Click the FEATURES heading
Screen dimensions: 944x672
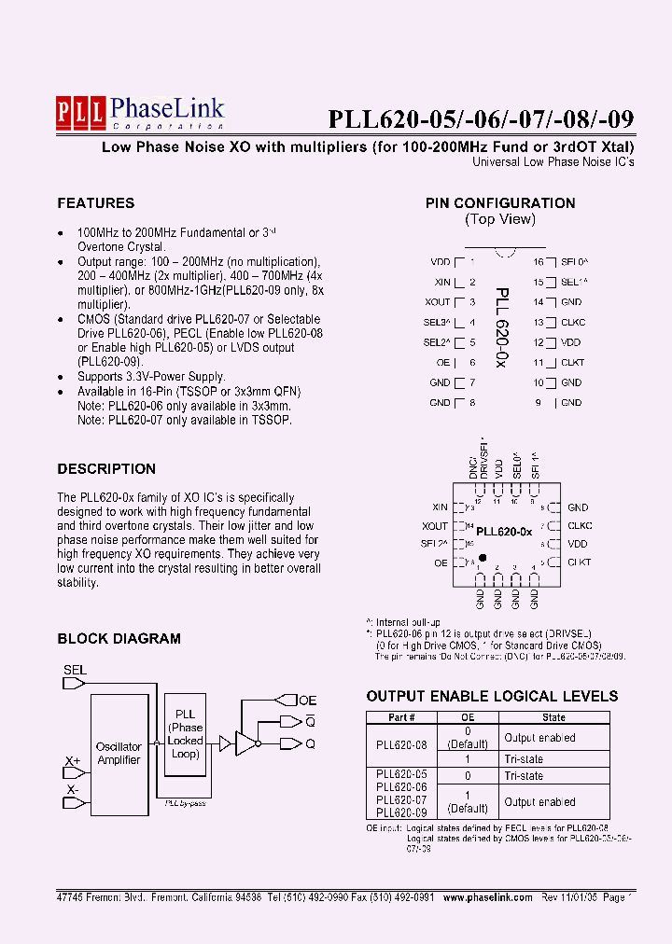tap(95, 203)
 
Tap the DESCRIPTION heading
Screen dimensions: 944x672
tap(106, 469)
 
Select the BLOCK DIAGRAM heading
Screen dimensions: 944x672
tap(119, 639)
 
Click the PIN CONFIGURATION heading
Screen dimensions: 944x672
tap(500, 203)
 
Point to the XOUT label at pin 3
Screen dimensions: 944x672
tap(437, 302)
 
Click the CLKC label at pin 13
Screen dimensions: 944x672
tap(573, 322)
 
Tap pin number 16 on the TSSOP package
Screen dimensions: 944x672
tap(539, 262)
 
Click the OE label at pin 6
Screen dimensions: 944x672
tap(443, 362)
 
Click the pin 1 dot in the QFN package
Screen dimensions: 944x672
tap(483, 558)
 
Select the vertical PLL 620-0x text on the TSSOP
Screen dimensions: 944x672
tap(501, 326)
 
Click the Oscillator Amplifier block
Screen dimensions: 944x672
tap(119, 753)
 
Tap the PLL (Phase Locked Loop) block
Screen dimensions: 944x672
tap(186, 734)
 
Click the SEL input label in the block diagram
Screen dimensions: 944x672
tap(75, 670)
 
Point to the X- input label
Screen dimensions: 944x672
tap(72, 791)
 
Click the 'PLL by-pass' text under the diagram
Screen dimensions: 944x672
tap(185, 802)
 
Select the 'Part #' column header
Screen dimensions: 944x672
tap(400, 717)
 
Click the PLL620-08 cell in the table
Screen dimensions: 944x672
tap(400, 745)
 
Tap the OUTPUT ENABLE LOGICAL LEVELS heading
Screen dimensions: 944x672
tap(492, 696)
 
